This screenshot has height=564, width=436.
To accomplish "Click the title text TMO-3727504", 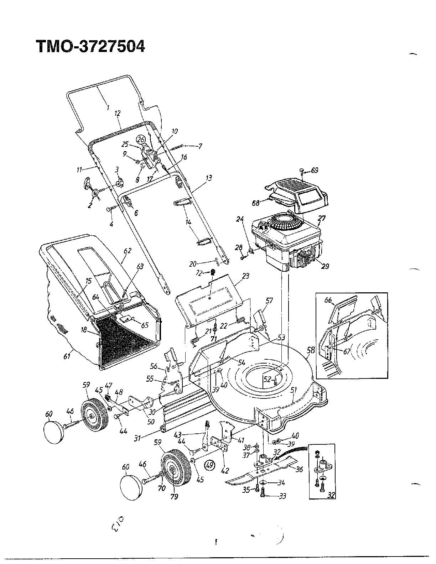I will (x=90, y=46).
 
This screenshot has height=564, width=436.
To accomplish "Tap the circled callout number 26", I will (x=142, y=140).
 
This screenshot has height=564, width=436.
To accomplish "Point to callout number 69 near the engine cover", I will (x=315, y=171).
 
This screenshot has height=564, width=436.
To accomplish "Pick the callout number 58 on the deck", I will (x=311, y=351).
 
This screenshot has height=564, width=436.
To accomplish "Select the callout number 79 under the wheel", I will (x=175, y=496).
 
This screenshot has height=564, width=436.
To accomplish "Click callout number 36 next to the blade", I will (x=299, y=469).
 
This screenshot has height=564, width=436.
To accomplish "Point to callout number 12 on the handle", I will (x=118, y=113).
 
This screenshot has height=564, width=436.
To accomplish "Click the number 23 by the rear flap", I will (x=245, y=276).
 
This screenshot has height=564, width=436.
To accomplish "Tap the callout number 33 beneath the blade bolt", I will (x=282, y=496).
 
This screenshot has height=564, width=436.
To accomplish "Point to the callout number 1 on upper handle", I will (x=107, y=107).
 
